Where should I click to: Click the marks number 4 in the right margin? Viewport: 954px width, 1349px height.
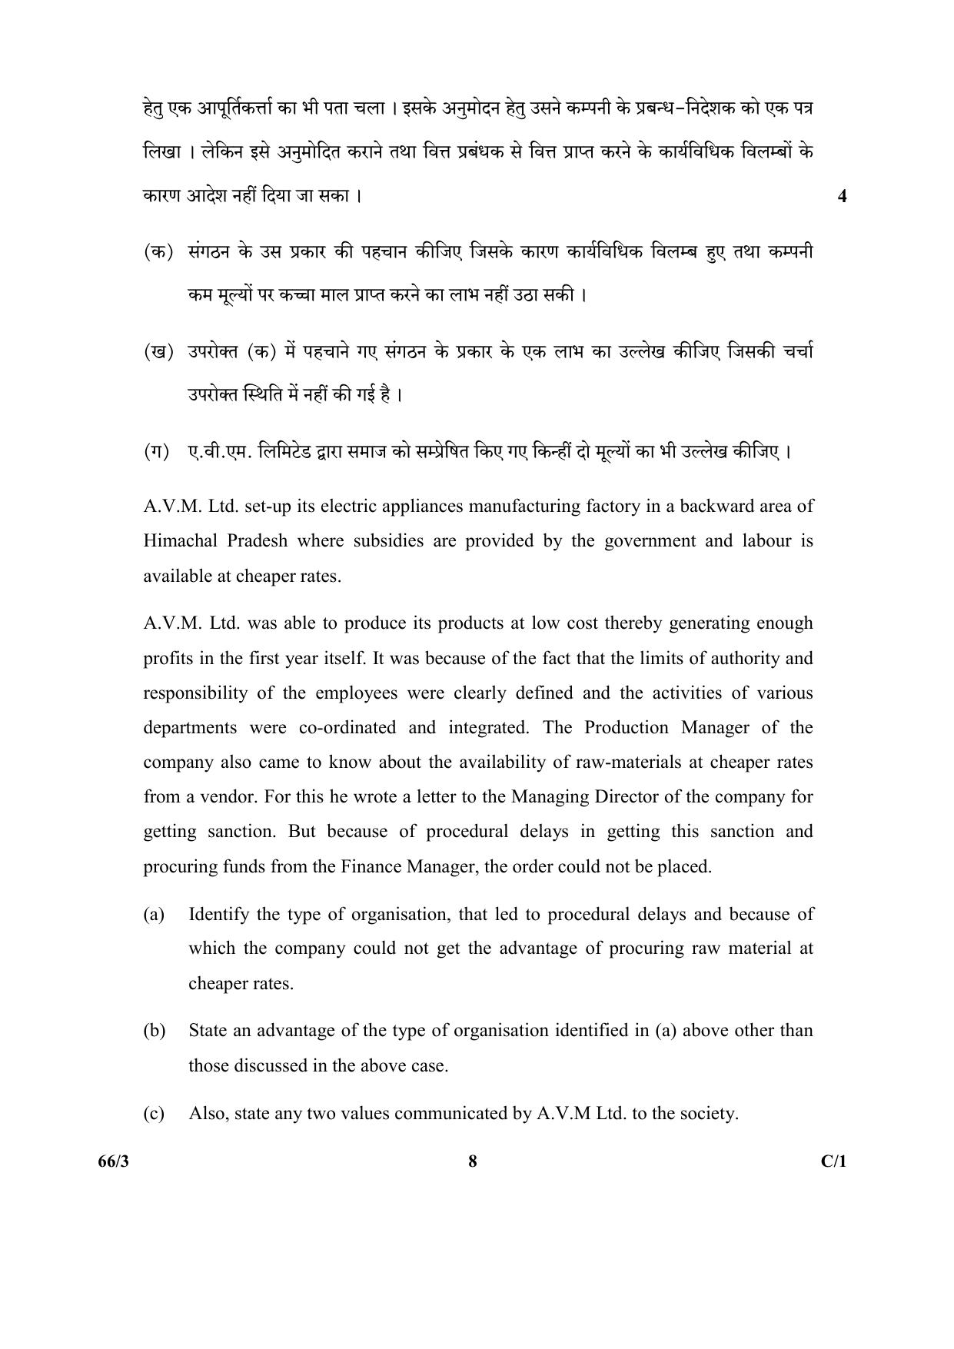[842, 196]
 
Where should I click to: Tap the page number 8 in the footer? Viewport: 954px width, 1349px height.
[472, 1161]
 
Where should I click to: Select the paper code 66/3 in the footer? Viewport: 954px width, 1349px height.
[115, 1161]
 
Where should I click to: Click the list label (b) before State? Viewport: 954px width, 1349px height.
[154, 1030]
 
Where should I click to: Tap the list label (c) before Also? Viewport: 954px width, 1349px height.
[154, 1113]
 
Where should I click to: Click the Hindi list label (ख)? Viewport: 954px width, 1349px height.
[158, 352]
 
